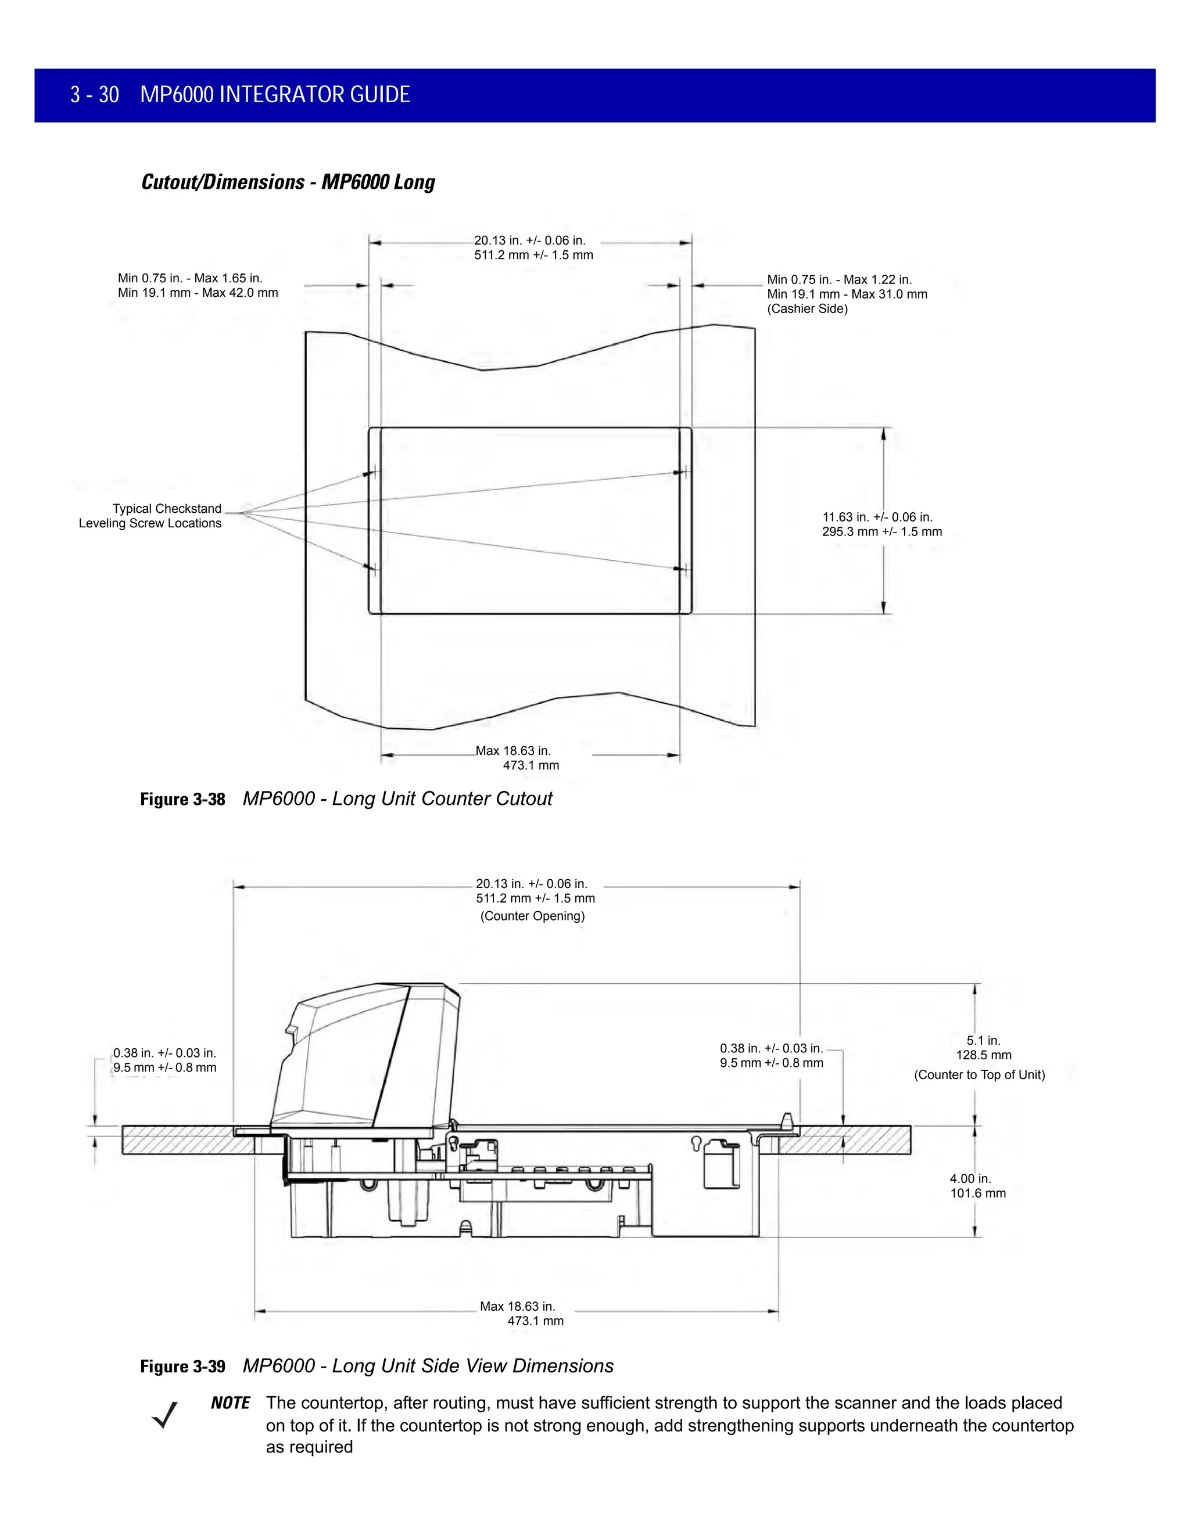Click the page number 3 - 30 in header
click(x=95, y=95)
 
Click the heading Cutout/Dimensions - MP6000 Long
click(x=288, y=182)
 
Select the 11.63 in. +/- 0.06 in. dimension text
click(x=877, y=517)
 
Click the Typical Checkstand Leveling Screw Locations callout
click(x=150, y=516)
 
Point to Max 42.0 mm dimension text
click(x=240, y=293)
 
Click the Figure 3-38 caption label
click(x=182, y=799)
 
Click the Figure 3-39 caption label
click(x=182, y=1367)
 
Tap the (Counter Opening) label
click(x=532, y=916)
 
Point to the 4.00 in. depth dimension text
click(x=970, y=1178)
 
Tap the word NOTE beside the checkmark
click(x=230, y=1403)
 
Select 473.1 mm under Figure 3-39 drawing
click(x=535, y=1321)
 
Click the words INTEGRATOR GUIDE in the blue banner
click(x=314, y=95)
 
